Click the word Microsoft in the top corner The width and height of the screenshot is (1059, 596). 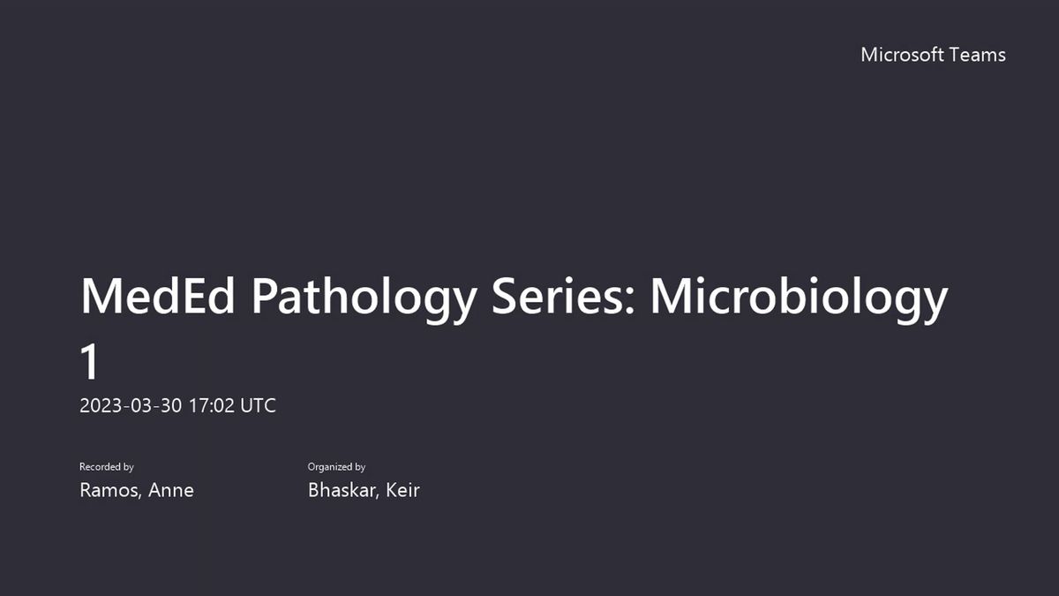tap(902, 55)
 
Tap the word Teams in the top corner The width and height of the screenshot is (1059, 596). tap(978, 55)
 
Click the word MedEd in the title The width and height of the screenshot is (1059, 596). tap(158, 296)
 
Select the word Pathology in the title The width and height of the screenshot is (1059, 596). tap(364, 300)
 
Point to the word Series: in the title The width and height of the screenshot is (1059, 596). tap(563, 296)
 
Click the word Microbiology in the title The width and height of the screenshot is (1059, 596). tap(799, 300)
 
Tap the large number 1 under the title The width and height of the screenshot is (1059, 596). tap(89, 361)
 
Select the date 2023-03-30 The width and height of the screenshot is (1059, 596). tap(131, 406)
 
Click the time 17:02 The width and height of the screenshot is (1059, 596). tap(212, 406)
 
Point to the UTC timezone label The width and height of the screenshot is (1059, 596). tap(258, 406)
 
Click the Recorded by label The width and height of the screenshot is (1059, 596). tap(107, 467)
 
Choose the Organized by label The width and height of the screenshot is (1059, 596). tap(336, 467)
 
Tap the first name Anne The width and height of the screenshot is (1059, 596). tap(170, 490)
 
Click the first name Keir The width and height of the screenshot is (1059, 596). tap(402, 490)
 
